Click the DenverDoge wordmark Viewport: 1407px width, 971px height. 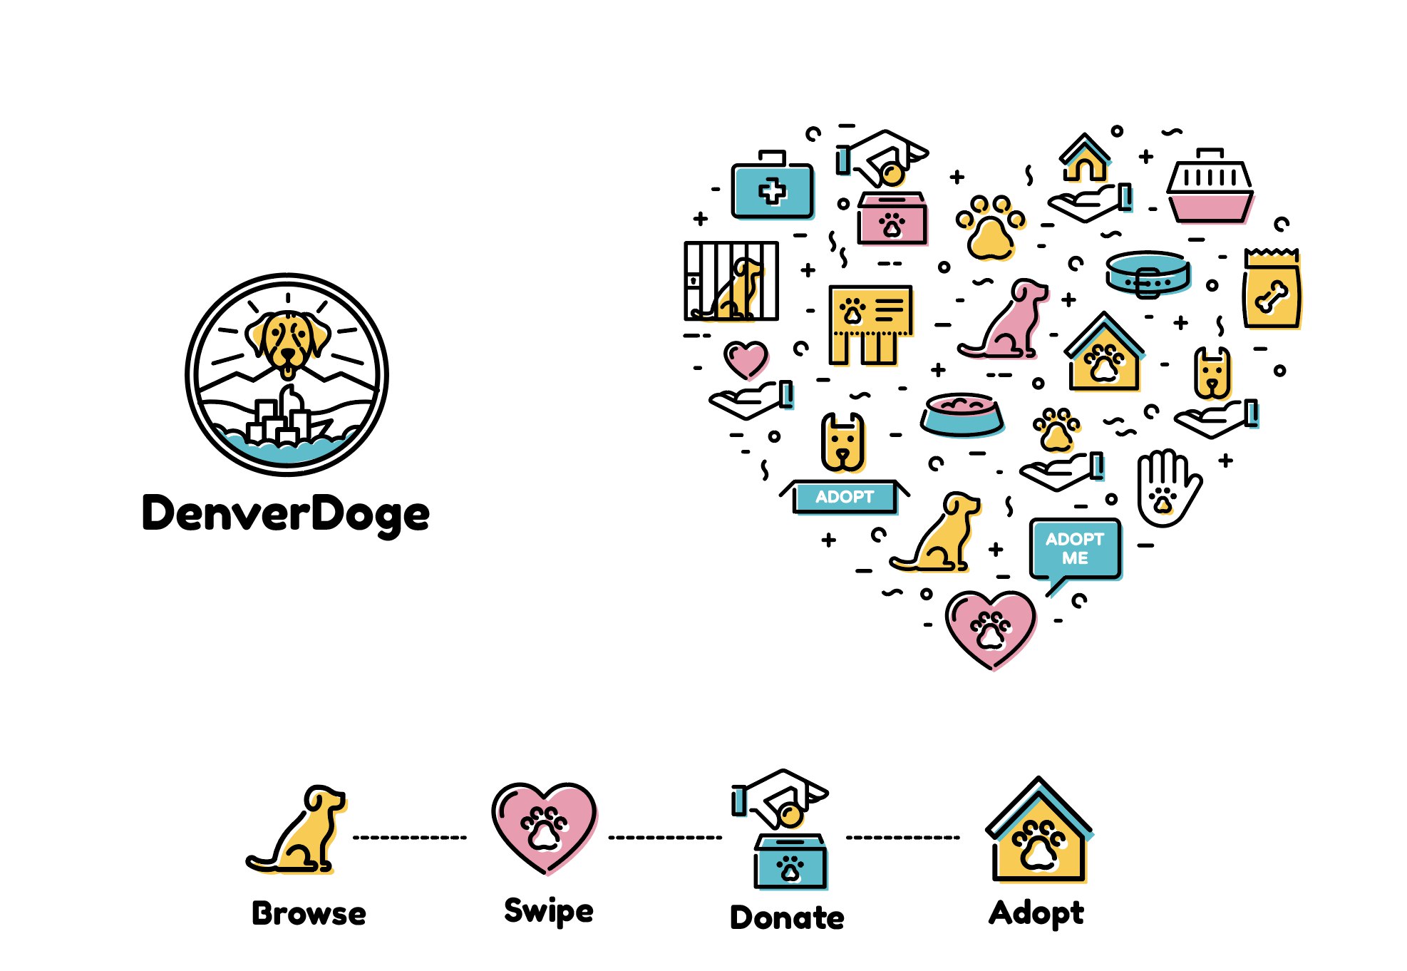[286, 513]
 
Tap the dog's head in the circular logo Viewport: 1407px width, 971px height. [288, 341]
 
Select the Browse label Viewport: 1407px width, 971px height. [309, 913]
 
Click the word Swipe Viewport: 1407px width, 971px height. [548, 911]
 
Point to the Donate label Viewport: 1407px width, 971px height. [787, 917]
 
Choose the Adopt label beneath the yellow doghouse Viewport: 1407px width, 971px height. [1036, 913]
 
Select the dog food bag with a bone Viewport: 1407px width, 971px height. [1272, 289]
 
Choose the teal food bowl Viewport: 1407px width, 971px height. [962, 415]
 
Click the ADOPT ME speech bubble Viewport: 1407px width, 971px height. [1075, 549]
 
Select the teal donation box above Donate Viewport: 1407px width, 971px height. [790, 862]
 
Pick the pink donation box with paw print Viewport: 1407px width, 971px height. [892, 219]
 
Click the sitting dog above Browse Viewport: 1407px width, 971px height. [299, 831]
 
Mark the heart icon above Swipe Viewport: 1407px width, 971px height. [545, 827]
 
